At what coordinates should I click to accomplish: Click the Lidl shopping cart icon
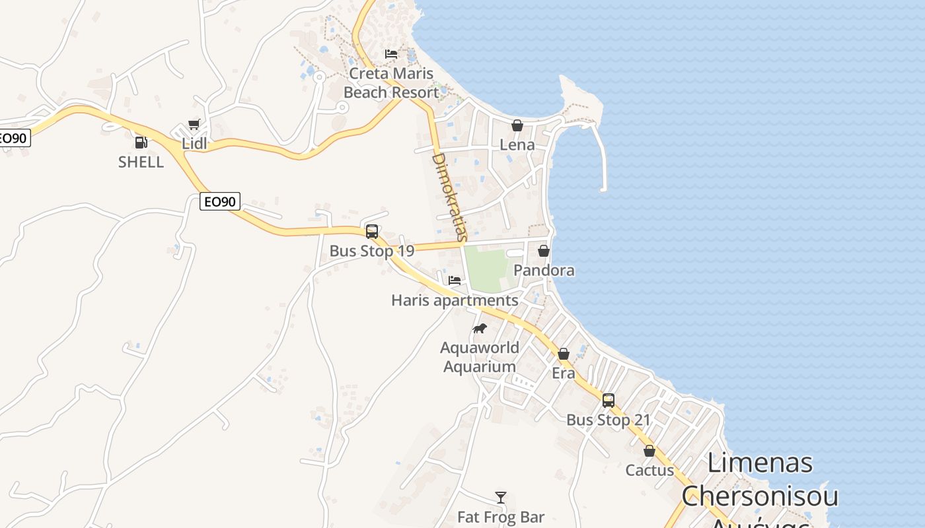coord(194,123)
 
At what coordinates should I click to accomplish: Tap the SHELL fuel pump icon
coord(141,142)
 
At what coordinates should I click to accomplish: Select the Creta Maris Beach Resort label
coord(391,83)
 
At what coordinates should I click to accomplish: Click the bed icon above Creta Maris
coord(391,53)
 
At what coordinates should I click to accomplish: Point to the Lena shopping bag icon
coord(517,125)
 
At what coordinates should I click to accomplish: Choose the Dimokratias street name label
coord(449,197)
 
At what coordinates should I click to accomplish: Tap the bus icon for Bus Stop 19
coord(372,232)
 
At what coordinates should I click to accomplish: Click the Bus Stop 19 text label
coord(372,251)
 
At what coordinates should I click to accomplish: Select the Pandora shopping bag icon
coord(544,251)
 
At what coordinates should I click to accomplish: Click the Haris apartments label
coord(455,300)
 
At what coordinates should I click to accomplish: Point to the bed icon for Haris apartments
coord(455,280)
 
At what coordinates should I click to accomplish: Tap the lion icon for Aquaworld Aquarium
coord(480,328)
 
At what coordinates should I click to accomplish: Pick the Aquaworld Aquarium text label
coord(480,357)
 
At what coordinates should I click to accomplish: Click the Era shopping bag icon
coord(564,354)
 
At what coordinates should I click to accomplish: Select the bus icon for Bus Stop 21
coord(609,401)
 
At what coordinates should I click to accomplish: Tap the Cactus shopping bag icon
coord(649,451)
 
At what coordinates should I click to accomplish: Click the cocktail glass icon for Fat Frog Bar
coord(501,497)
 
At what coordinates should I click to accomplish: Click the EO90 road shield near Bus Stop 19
coord(220,201)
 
